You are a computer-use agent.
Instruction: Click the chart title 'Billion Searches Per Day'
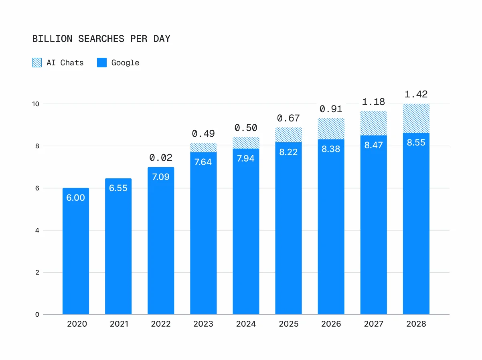click(101, 39)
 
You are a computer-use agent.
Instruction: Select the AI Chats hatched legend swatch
click(37, 63)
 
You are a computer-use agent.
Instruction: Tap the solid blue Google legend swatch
click(102, 63)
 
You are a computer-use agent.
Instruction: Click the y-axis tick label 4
click(37, 231)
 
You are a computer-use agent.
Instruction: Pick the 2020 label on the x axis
click(76, 324)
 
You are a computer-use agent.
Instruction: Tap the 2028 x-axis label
click(416, 324)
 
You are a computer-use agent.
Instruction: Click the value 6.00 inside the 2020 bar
click(76, 198)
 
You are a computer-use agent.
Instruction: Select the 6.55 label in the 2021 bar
click(118, 188)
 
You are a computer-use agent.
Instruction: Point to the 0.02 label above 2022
click(161, 158)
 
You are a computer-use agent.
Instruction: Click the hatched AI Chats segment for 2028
click(416, 119)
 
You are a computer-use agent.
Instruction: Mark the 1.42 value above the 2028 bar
click(416, 95)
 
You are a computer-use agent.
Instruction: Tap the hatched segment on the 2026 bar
click(331, 129)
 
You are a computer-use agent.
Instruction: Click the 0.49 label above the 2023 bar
click(203, 133)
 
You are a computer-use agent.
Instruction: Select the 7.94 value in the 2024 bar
click(246, 158)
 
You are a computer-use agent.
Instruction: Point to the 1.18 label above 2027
click(373, 102)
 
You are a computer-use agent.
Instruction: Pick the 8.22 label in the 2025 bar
click(288, 152)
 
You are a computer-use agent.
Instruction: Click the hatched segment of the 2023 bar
click(203, 148)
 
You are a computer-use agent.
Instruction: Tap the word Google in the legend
click(125, 63)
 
